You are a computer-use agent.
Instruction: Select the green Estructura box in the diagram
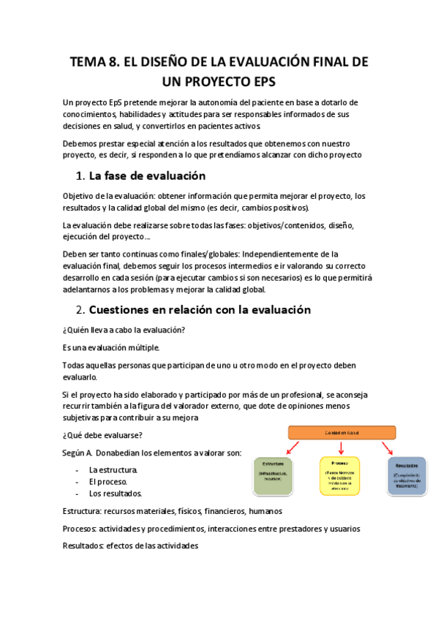[x=274, y=475]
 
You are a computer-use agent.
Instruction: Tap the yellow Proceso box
[x=339, y=475]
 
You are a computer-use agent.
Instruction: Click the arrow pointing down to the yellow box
[x=339, y=447]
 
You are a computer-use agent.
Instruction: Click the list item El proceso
[x=108, y=482]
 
